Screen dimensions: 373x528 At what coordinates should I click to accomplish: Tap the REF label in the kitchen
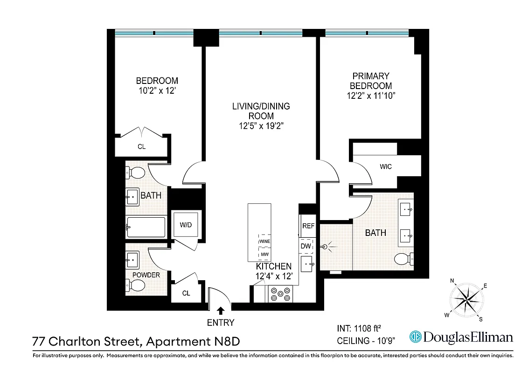[308, 226]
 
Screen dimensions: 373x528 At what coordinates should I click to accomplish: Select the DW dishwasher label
[306, 246]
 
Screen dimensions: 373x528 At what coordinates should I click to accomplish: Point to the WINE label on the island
[264, 241]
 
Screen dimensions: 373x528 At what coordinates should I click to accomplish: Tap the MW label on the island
[264, 255]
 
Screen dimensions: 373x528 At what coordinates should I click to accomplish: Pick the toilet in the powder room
[133, 284]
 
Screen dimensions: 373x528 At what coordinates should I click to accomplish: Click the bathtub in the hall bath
[146, 228]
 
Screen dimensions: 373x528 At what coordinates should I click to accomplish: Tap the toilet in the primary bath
[403, 258]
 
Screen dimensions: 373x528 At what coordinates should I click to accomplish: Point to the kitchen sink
[307, 264]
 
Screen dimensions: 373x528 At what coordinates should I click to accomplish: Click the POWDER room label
[146, 275]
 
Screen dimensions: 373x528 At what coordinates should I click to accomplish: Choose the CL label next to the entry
[186, 293]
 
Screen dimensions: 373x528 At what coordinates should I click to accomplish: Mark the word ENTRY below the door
[220, 323]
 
